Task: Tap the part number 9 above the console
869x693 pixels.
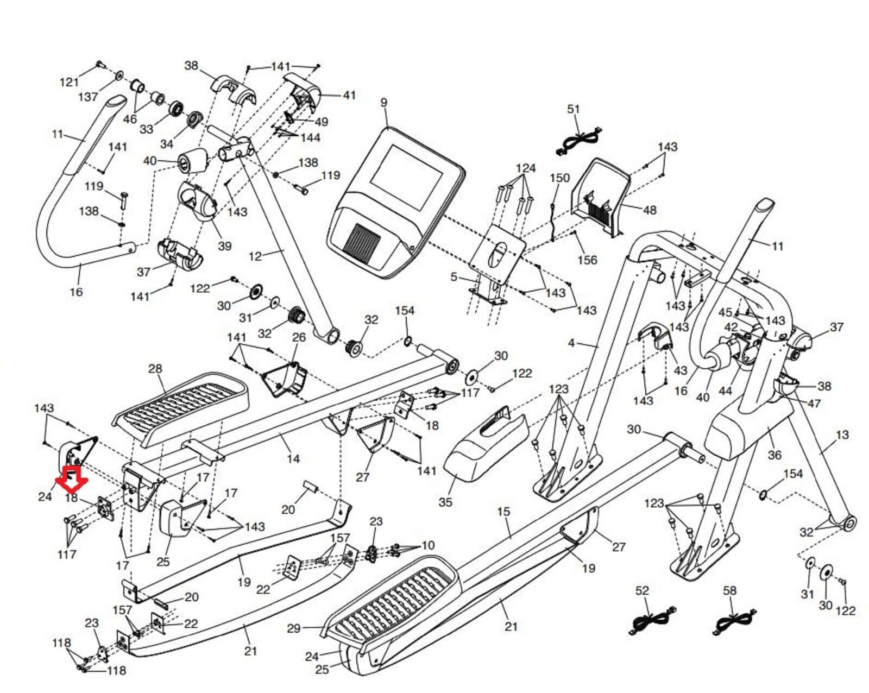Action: click(384, 103)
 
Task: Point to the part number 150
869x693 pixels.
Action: click(559, 178)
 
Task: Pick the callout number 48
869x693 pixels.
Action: click(649, 210)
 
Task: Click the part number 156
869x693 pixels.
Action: click(587, 260)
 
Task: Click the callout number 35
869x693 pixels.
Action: click(445, 502)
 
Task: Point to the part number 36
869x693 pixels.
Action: click(774, 455)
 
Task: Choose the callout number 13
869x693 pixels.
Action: click(842, 435)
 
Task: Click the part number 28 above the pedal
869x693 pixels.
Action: click(155, 369)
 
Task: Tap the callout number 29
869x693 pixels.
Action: click(294, 628)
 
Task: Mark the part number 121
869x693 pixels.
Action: click(69, 83)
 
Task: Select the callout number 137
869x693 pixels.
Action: click(88, 97)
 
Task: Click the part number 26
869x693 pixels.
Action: click(299, 337)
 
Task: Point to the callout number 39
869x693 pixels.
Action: click(224, 246)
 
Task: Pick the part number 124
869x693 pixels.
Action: click(525, 168)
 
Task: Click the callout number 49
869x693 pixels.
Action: click(322, 122)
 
